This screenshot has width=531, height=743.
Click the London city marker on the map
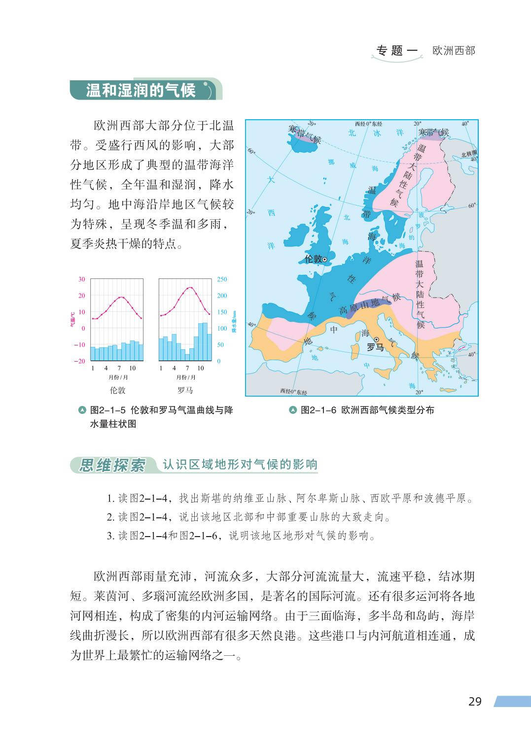325,259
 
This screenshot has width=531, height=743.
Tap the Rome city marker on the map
376,339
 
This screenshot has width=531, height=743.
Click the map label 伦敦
313,259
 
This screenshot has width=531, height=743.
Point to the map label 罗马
375,348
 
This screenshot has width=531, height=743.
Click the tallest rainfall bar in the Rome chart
205,341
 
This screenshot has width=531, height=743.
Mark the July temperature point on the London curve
120,298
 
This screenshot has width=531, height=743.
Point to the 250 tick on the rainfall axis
222,279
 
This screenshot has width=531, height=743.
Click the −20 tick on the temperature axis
79,361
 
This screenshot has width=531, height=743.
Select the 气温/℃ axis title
72,320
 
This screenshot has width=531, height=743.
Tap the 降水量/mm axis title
234,321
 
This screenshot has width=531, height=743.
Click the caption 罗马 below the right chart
185,391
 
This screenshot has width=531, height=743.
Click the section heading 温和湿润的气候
141,90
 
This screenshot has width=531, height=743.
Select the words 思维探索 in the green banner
113,465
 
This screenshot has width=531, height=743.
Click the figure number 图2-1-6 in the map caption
319,410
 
